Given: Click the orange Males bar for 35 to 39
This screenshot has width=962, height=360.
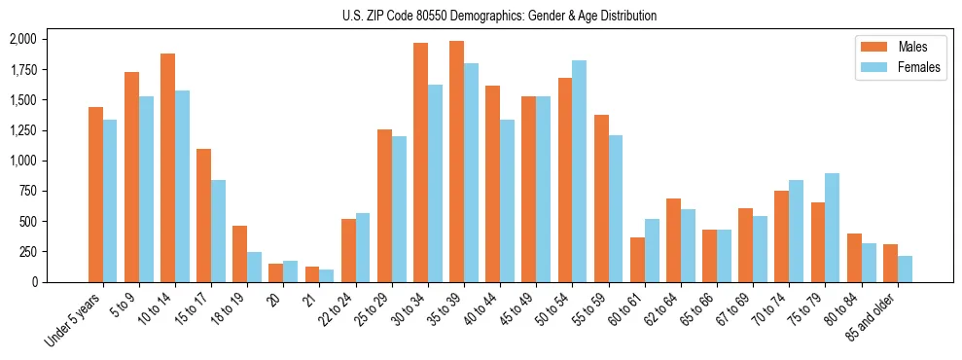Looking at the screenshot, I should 457,162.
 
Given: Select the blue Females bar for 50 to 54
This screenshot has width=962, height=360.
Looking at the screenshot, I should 580,171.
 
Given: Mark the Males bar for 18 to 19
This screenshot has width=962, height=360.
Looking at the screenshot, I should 239,254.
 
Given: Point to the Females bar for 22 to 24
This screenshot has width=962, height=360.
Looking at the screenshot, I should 363,247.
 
